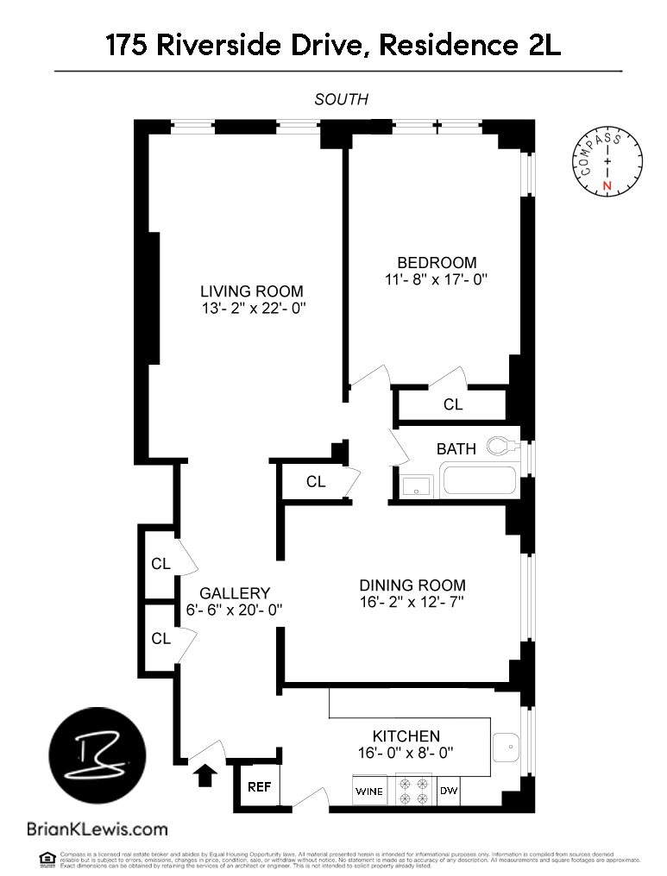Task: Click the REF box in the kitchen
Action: pos(259,786)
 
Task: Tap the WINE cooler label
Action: pos(371,791)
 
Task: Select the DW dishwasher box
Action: pos(449,791)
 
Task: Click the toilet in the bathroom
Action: pos(502,446)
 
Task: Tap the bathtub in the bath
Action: pos(478,481)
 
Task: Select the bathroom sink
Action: pos(416,487)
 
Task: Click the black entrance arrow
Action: pos(205,775)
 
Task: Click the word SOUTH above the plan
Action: pos(341,99)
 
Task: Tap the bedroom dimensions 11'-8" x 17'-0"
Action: pos(437,279)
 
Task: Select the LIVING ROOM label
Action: pos(252,291)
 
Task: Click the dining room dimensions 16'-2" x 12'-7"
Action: pos(412,602)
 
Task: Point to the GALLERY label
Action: pos(235,593)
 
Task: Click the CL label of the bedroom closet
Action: pos(453,404)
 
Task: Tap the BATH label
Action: pos(456,448)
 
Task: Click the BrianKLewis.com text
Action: pos(97,829)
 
